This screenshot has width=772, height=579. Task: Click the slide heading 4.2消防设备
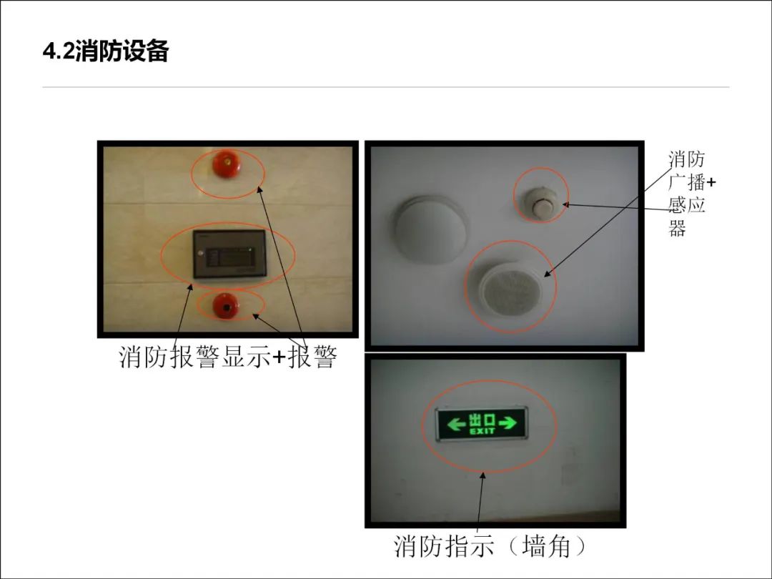tap(106, 51)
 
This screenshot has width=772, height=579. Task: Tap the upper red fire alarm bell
tap(227, 164)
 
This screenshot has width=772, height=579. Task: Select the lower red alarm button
tap(226, 306)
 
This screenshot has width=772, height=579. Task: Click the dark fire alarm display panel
tap(229, 254)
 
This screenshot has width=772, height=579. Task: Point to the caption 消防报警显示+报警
tap(228, 357)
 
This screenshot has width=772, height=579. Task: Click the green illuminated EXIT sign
tap(482, 424)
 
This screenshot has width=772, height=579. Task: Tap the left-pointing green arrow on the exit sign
tap(455, 424)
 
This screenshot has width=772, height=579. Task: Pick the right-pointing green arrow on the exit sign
tap(508, 423)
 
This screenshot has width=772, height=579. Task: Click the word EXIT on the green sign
tap(482, 431)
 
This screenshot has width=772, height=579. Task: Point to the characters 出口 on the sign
tap(482, 420)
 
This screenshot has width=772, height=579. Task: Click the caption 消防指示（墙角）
tap(490, 546)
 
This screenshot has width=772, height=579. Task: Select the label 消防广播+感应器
tap(691, 194)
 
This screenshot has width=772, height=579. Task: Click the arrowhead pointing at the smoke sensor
tap(567, 204)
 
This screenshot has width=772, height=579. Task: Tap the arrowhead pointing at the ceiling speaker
tap(547, 274)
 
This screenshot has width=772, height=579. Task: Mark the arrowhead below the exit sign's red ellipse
tap(483, 475)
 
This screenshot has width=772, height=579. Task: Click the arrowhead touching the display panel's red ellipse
tap(190, 288)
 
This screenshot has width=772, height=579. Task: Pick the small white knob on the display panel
tap(200, 254)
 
